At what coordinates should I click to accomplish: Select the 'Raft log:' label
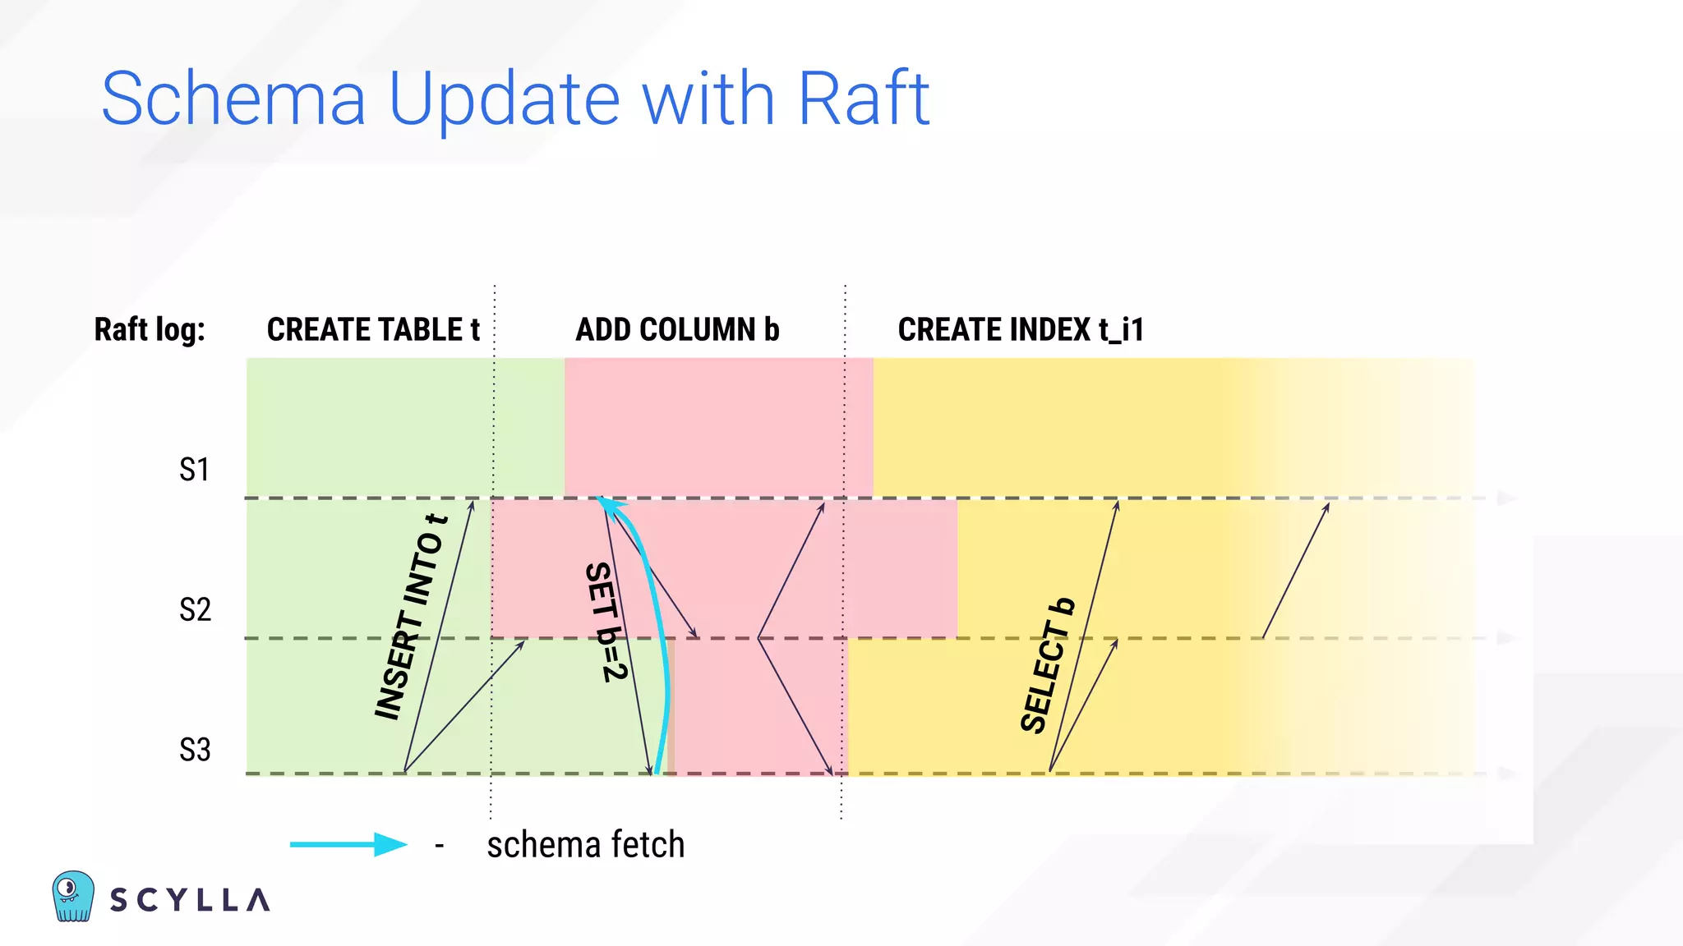(150, 329)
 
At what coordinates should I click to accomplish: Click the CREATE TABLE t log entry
(373, 329)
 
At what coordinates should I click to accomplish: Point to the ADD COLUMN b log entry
(677, 329)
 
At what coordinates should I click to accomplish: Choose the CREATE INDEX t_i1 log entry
(1021, 329)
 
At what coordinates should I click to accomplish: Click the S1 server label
(195, 470)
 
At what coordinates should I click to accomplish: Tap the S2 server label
(195, 609)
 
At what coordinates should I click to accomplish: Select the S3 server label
(195, 750)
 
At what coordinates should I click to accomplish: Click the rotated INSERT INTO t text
(410, 618)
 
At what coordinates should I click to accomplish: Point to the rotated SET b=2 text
(606, 622)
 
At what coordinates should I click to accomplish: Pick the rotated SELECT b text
(1047, 666)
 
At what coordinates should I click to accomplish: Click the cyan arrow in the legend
(348, 844)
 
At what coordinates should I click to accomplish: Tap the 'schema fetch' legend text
(585, 845)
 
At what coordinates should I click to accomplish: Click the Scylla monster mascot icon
(72, 896)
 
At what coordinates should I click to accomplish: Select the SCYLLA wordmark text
(190, 900)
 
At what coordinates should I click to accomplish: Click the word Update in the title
(504, 100)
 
